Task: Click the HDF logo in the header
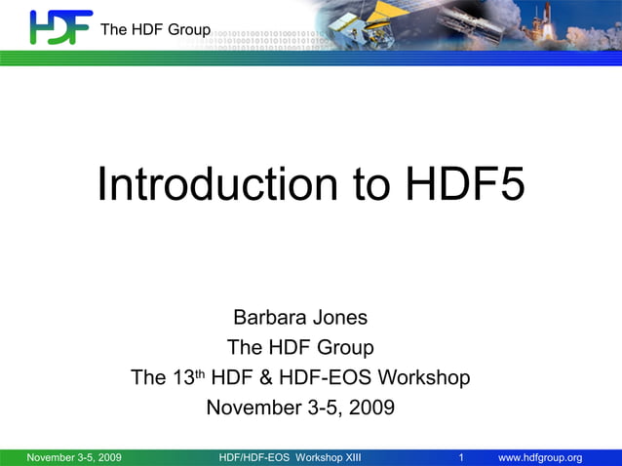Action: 59,27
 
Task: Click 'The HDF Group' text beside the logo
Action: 155,30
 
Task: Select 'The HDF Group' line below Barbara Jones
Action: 300,347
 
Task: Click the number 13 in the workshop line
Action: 183,377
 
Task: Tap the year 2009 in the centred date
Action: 370,408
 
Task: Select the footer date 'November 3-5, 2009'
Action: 74,458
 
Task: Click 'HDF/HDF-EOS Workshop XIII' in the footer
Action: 291,458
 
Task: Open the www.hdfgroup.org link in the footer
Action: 540,458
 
